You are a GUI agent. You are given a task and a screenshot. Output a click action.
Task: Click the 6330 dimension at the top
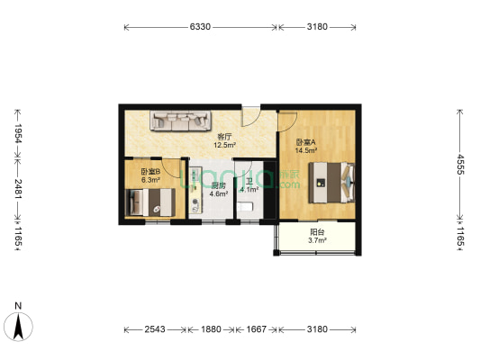pos(200,27)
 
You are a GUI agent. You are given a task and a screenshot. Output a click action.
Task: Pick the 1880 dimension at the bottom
pos(211,328)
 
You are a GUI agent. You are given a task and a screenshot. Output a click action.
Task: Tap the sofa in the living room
pos(181,120)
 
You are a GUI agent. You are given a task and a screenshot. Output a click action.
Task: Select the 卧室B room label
pos(150,172)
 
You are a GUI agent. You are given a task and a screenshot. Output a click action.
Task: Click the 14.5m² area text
pos(306,152)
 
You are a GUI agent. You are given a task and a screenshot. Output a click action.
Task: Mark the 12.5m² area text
pos(224,145)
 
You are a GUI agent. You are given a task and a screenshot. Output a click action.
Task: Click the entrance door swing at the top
pos(251,117)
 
